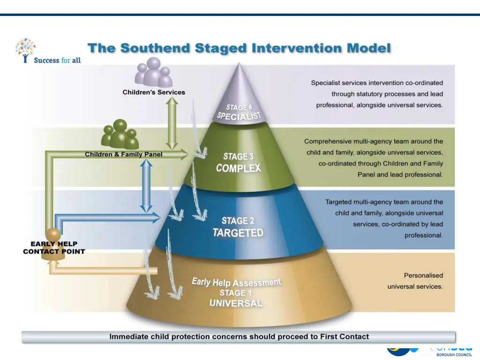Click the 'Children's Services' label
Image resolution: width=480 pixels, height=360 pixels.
154,92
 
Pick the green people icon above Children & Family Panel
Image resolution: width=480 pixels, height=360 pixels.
120,135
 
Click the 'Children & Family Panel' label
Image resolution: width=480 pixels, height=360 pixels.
124,154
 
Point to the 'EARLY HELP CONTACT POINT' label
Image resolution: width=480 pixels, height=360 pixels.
54,247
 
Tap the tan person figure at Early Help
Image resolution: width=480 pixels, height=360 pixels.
53,237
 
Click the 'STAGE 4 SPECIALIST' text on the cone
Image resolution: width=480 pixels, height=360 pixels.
239,112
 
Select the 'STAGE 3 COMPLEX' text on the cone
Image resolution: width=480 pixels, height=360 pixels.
239,162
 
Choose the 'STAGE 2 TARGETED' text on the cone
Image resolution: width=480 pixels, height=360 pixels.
238,226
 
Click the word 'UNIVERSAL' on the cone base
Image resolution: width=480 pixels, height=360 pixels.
236,303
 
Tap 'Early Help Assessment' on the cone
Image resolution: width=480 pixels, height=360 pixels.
236,282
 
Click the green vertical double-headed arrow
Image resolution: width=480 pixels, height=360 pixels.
172,124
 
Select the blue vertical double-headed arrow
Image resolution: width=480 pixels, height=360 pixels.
147,186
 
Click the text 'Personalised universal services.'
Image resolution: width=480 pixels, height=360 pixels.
415,281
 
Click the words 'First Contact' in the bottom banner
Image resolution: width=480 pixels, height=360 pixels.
345,337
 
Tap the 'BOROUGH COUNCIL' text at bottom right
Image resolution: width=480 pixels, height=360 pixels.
454,355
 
